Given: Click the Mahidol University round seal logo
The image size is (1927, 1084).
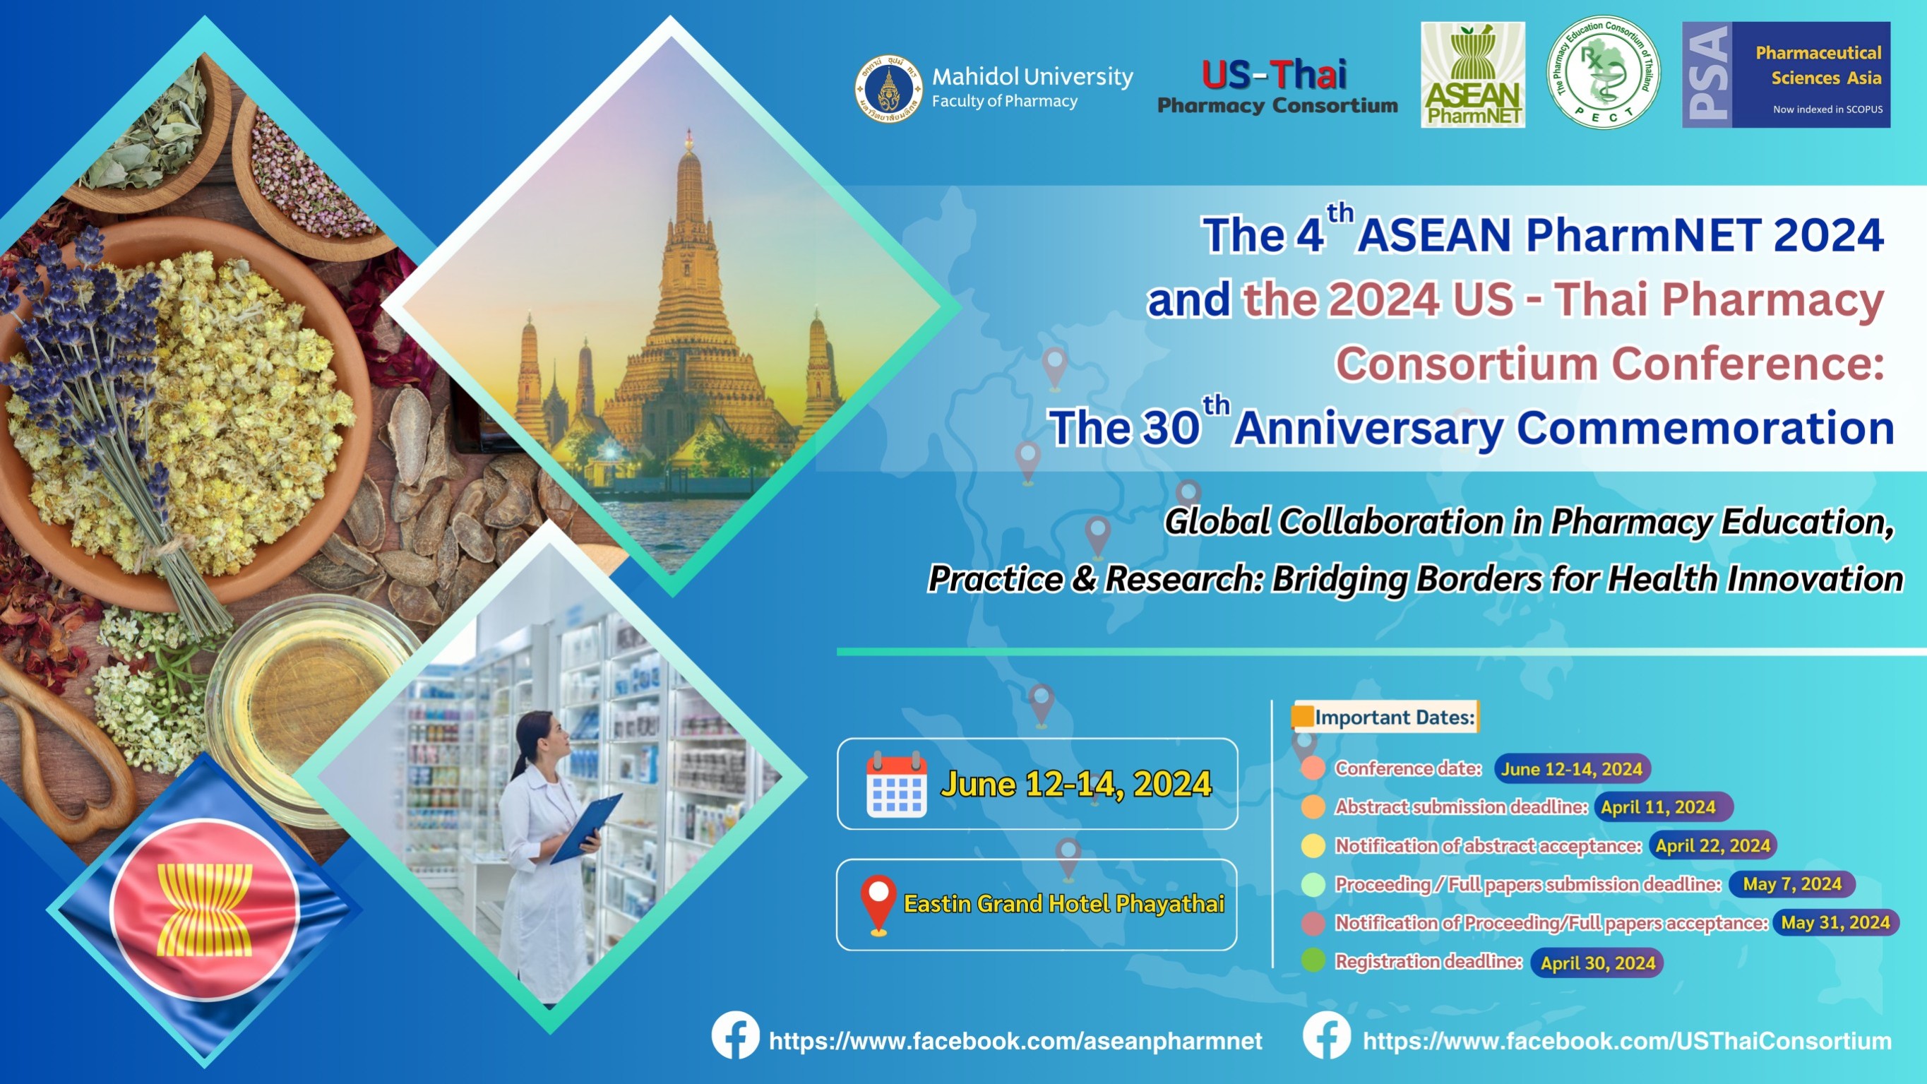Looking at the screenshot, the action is [x=889, y=88].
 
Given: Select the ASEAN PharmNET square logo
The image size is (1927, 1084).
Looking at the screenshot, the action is [x=1473, y=75].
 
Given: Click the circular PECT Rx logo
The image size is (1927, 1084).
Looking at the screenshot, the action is [x=1603, y=73].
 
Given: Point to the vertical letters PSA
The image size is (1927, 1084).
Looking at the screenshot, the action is [x=1708, y=74].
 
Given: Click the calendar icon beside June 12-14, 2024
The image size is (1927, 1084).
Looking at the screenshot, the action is [x=896, y=785].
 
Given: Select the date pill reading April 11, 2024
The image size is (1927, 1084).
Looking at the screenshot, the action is [x=1663, y=807].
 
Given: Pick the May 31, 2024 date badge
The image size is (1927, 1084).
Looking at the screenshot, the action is [x=1836, y=922].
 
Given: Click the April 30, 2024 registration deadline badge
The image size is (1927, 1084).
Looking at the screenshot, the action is [x=1597, y=963].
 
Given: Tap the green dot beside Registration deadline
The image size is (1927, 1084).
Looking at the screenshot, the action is [x=1313, y=960].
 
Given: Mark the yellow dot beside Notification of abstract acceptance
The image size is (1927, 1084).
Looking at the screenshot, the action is [x=1313, y=845].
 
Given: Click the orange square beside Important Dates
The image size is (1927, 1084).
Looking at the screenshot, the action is [x=1302, y=716].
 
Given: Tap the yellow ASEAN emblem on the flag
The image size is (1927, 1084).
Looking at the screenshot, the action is [x=204, y=910].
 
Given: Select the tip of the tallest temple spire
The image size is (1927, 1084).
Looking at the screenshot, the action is [x=689, y=129].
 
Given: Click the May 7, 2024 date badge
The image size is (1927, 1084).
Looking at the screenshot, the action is [x=1792, y=884].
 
